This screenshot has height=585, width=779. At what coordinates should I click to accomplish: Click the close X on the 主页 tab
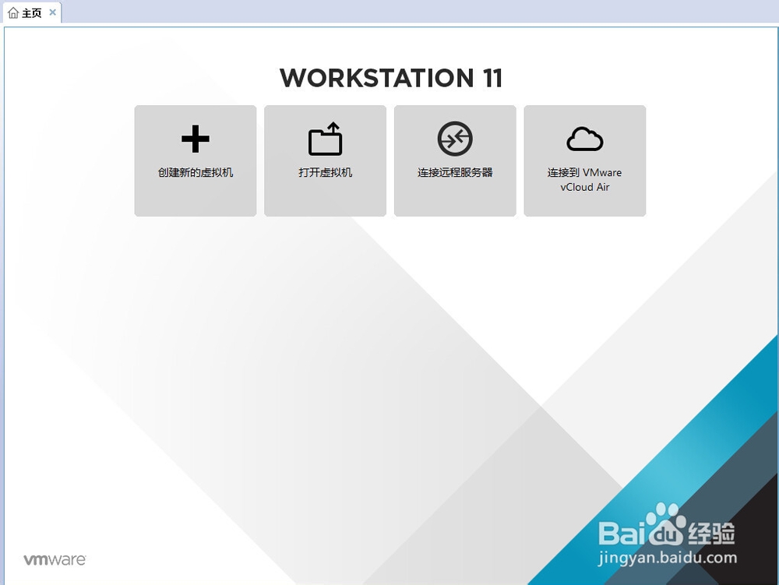[53, 12]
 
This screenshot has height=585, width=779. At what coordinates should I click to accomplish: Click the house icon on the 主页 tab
[13, 12]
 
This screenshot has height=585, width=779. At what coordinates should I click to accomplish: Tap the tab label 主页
[32, 12]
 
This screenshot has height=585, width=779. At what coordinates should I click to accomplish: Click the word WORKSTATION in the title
[377, 78]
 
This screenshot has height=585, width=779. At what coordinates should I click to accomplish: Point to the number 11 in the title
[492, 78]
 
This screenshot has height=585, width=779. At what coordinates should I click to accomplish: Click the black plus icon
[196, 139]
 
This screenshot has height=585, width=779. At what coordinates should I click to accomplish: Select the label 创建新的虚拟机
[196, 172]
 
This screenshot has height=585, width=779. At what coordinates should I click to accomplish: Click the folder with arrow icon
[326, 139]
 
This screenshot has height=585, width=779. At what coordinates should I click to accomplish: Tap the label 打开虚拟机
[326, 172]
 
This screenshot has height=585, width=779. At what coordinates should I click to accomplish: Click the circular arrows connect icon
[455, 139]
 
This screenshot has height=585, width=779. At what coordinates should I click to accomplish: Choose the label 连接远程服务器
[455, 172]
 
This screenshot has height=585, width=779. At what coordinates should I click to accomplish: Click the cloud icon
[585, 139]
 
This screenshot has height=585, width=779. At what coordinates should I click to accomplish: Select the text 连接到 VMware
[585, 172]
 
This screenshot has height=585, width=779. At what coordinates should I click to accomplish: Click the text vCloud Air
[585, 187]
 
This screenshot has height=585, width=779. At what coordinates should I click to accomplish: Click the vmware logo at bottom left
[55, 559]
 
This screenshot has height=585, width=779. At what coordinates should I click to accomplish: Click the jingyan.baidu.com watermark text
[668, 559]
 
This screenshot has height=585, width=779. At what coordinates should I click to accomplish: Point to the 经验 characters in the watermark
[711, 534]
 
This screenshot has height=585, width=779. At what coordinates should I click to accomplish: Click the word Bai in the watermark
[622, 534]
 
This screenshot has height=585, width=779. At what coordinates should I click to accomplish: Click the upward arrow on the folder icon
[334, 130]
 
